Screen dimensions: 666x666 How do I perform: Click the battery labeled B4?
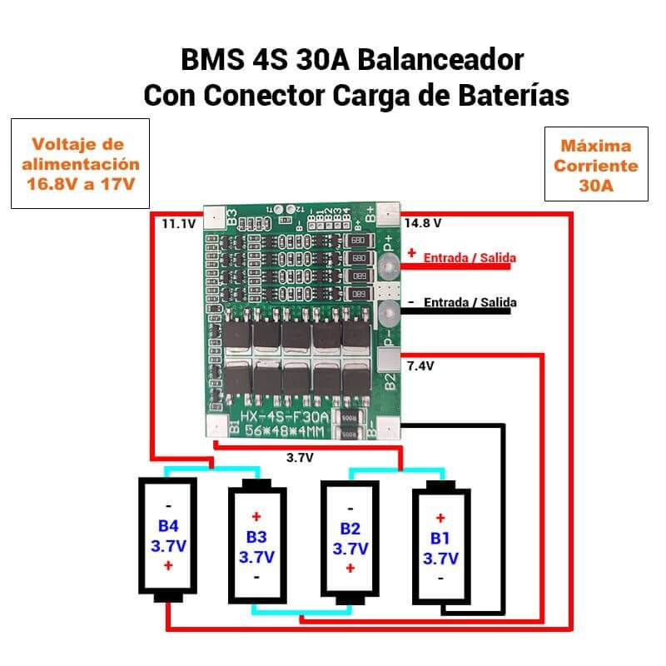point(168,539)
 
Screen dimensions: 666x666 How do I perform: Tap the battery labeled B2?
point(350,539)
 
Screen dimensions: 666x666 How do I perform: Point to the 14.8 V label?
point(422,223)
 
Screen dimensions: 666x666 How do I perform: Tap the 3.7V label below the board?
point(299,457)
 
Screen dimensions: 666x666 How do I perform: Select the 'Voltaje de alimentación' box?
point(80,163)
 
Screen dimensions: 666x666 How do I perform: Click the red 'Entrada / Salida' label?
point(470,258)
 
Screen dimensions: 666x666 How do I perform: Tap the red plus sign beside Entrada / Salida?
point(411,253)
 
